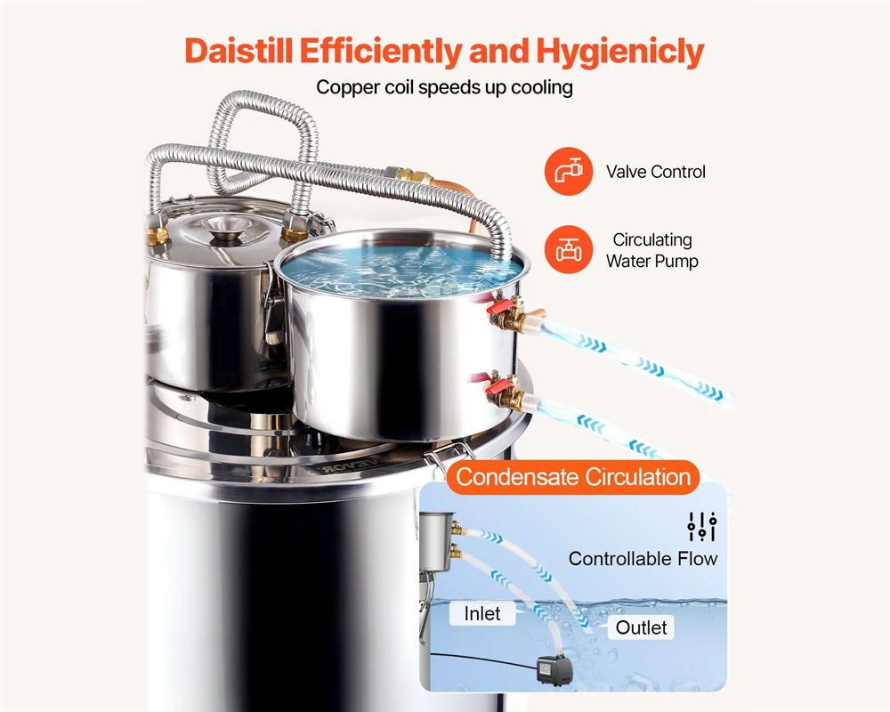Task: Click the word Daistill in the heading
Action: click(238, 51)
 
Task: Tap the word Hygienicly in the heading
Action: click(619, 51)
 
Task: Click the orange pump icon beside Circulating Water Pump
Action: click(568, 250)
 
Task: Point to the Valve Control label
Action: click(655, 172)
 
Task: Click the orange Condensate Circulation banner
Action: click(573, 477)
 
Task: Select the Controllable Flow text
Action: click(643, 559)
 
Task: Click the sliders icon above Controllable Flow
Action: click(701, 526)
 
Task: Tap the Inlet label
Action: click(481, 614)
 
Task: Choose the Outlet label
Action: click(641, 627)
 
